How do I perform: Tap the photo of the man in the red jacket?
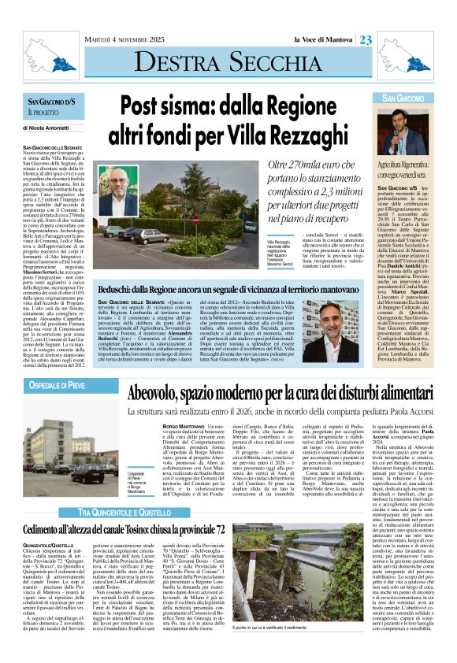click(117, 191)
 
